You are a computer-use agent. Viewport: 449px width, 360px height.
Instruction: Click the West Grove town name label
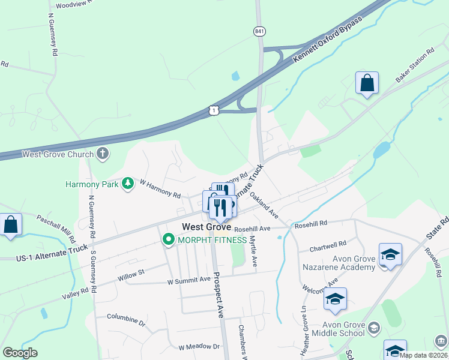click(206, 227)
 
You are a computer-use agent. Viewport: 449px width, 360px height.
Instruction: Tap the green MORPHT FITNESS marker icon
click(169, 240)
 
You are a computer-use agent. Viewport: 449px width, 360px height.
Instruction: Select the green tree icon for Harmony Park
click(127, 183)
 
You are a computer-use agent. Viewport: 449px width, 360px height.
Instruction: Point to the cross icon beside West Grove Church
click(103, 154)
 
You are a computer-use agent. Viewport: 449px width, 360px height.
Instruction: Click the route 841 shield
click(259, 31)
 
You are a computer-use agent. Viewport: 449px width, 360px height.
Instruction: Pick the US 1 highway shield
click(214, 110)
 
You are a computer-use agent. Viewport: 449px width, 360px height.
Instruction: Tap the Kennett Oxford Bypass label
click(328, 41)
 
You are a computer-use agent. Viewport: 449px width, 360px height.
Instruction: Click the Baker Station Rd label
click(415, 66)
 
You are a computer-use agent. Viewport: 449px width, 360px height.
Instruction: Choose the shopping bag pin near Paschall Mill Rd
click(11, 225)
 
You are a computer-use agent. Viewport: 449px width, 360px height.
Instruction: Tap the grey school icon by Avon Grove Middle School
click(374, 327)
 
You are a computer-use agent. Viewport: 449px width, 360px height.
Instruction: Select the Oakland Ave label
click(264, 205)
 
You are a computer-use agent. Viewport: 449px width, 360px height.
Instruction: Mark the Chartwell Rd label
click(328, 246)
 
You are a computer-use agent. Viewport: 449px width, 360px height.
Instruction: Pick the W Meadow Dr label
click(199, 346)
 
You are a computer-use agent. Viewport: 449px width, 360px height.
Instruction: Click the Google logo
click(20, 353)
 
